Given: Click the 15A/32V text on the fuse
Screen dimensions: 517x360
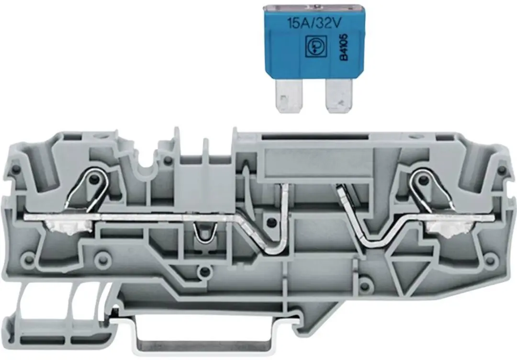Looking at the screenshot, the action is pyautogui.click(x=314, y=23).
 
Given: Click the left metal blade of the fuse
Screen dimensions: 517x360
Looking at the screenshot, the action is pyautogui.click(x=289, y=96).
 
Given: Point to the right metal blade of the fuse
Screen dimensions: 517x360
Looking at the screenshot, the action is pyautogui.click(x=338, y=96).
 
